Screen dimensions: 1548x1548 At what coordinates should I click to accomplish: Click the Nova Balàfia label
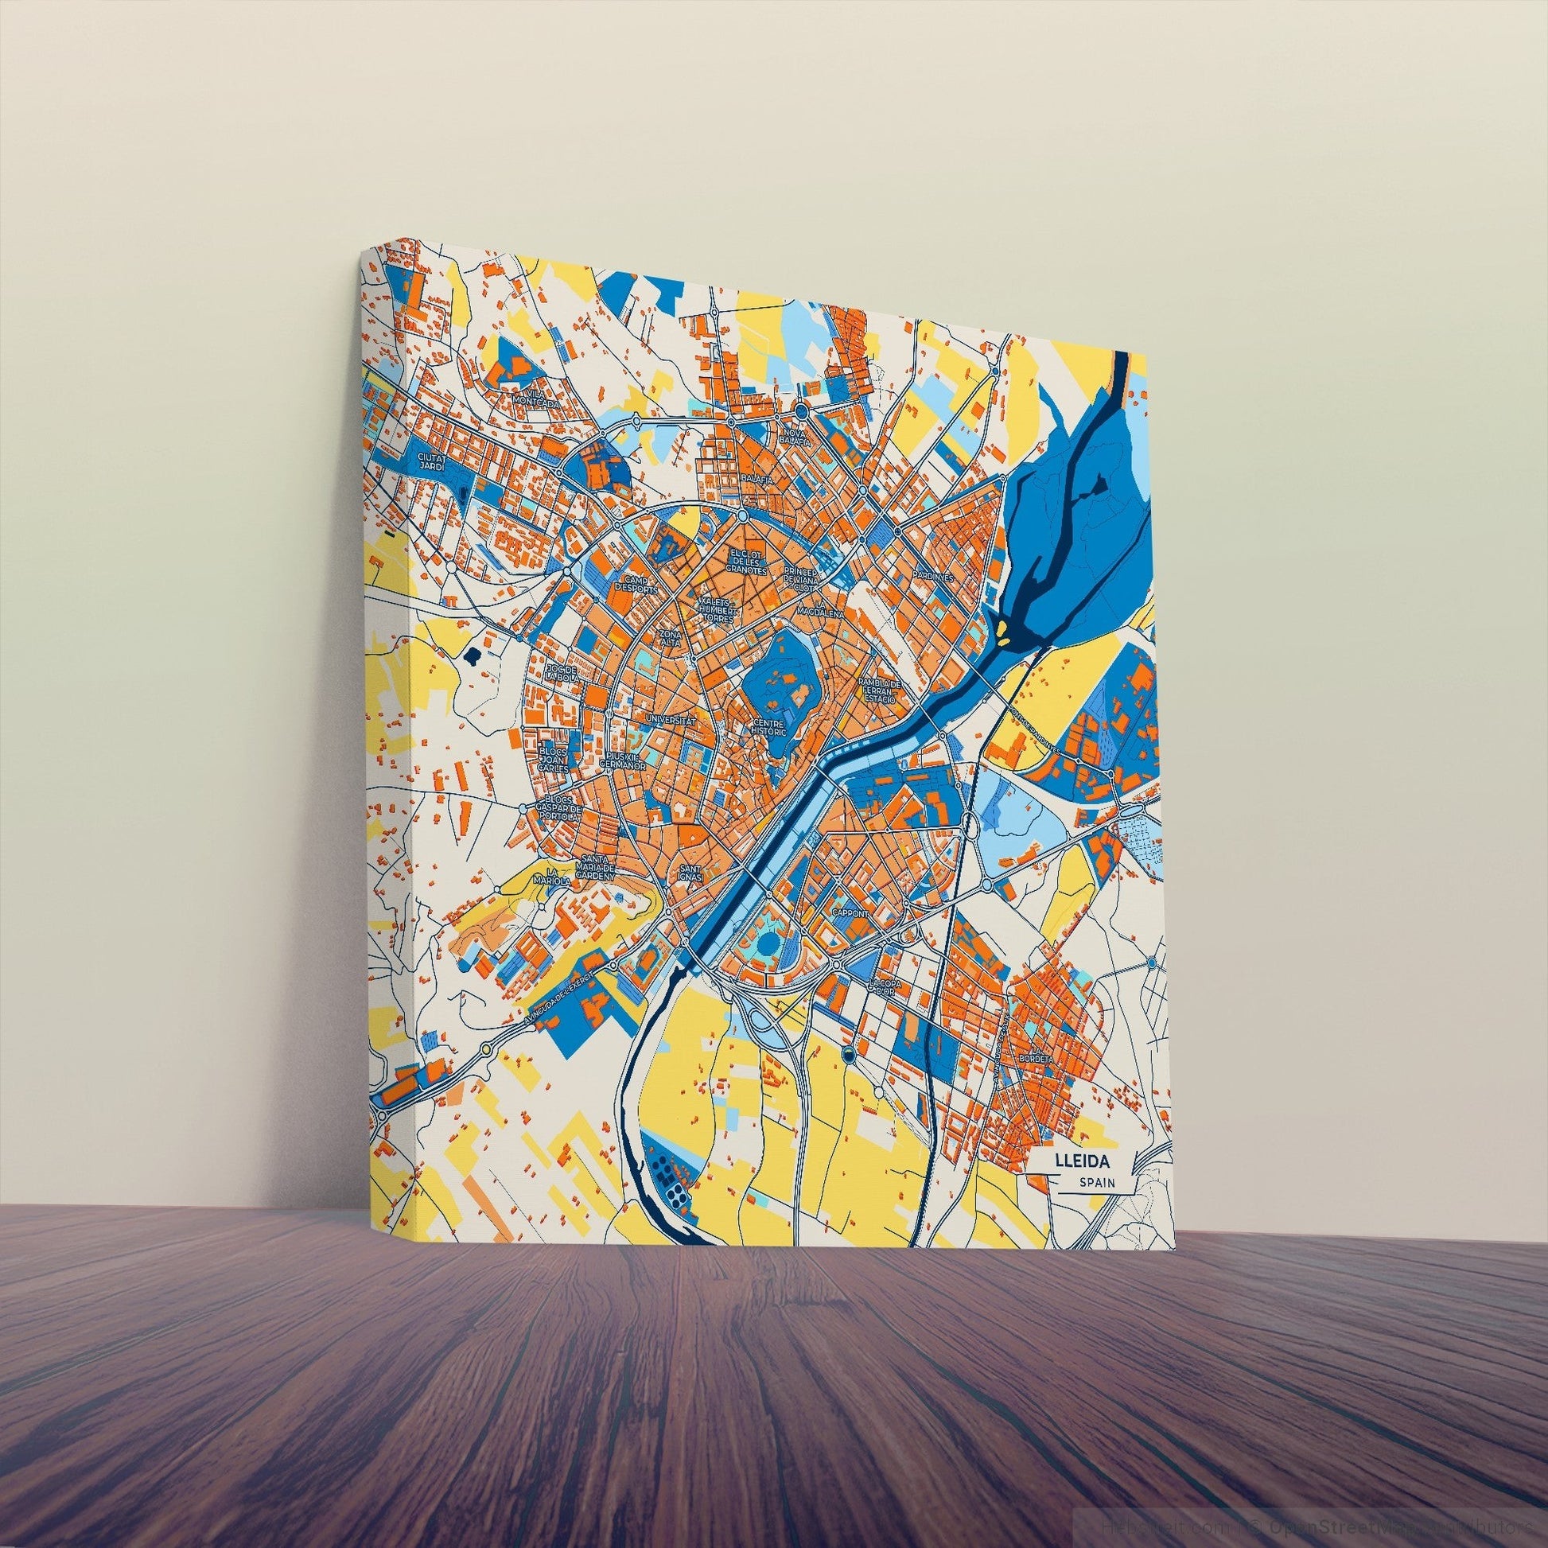795,437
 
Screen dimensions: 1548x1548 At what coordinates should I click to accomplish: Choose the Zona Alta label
669,637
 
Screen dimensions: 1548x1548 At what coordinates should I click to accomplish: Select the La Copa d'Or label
885,988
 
